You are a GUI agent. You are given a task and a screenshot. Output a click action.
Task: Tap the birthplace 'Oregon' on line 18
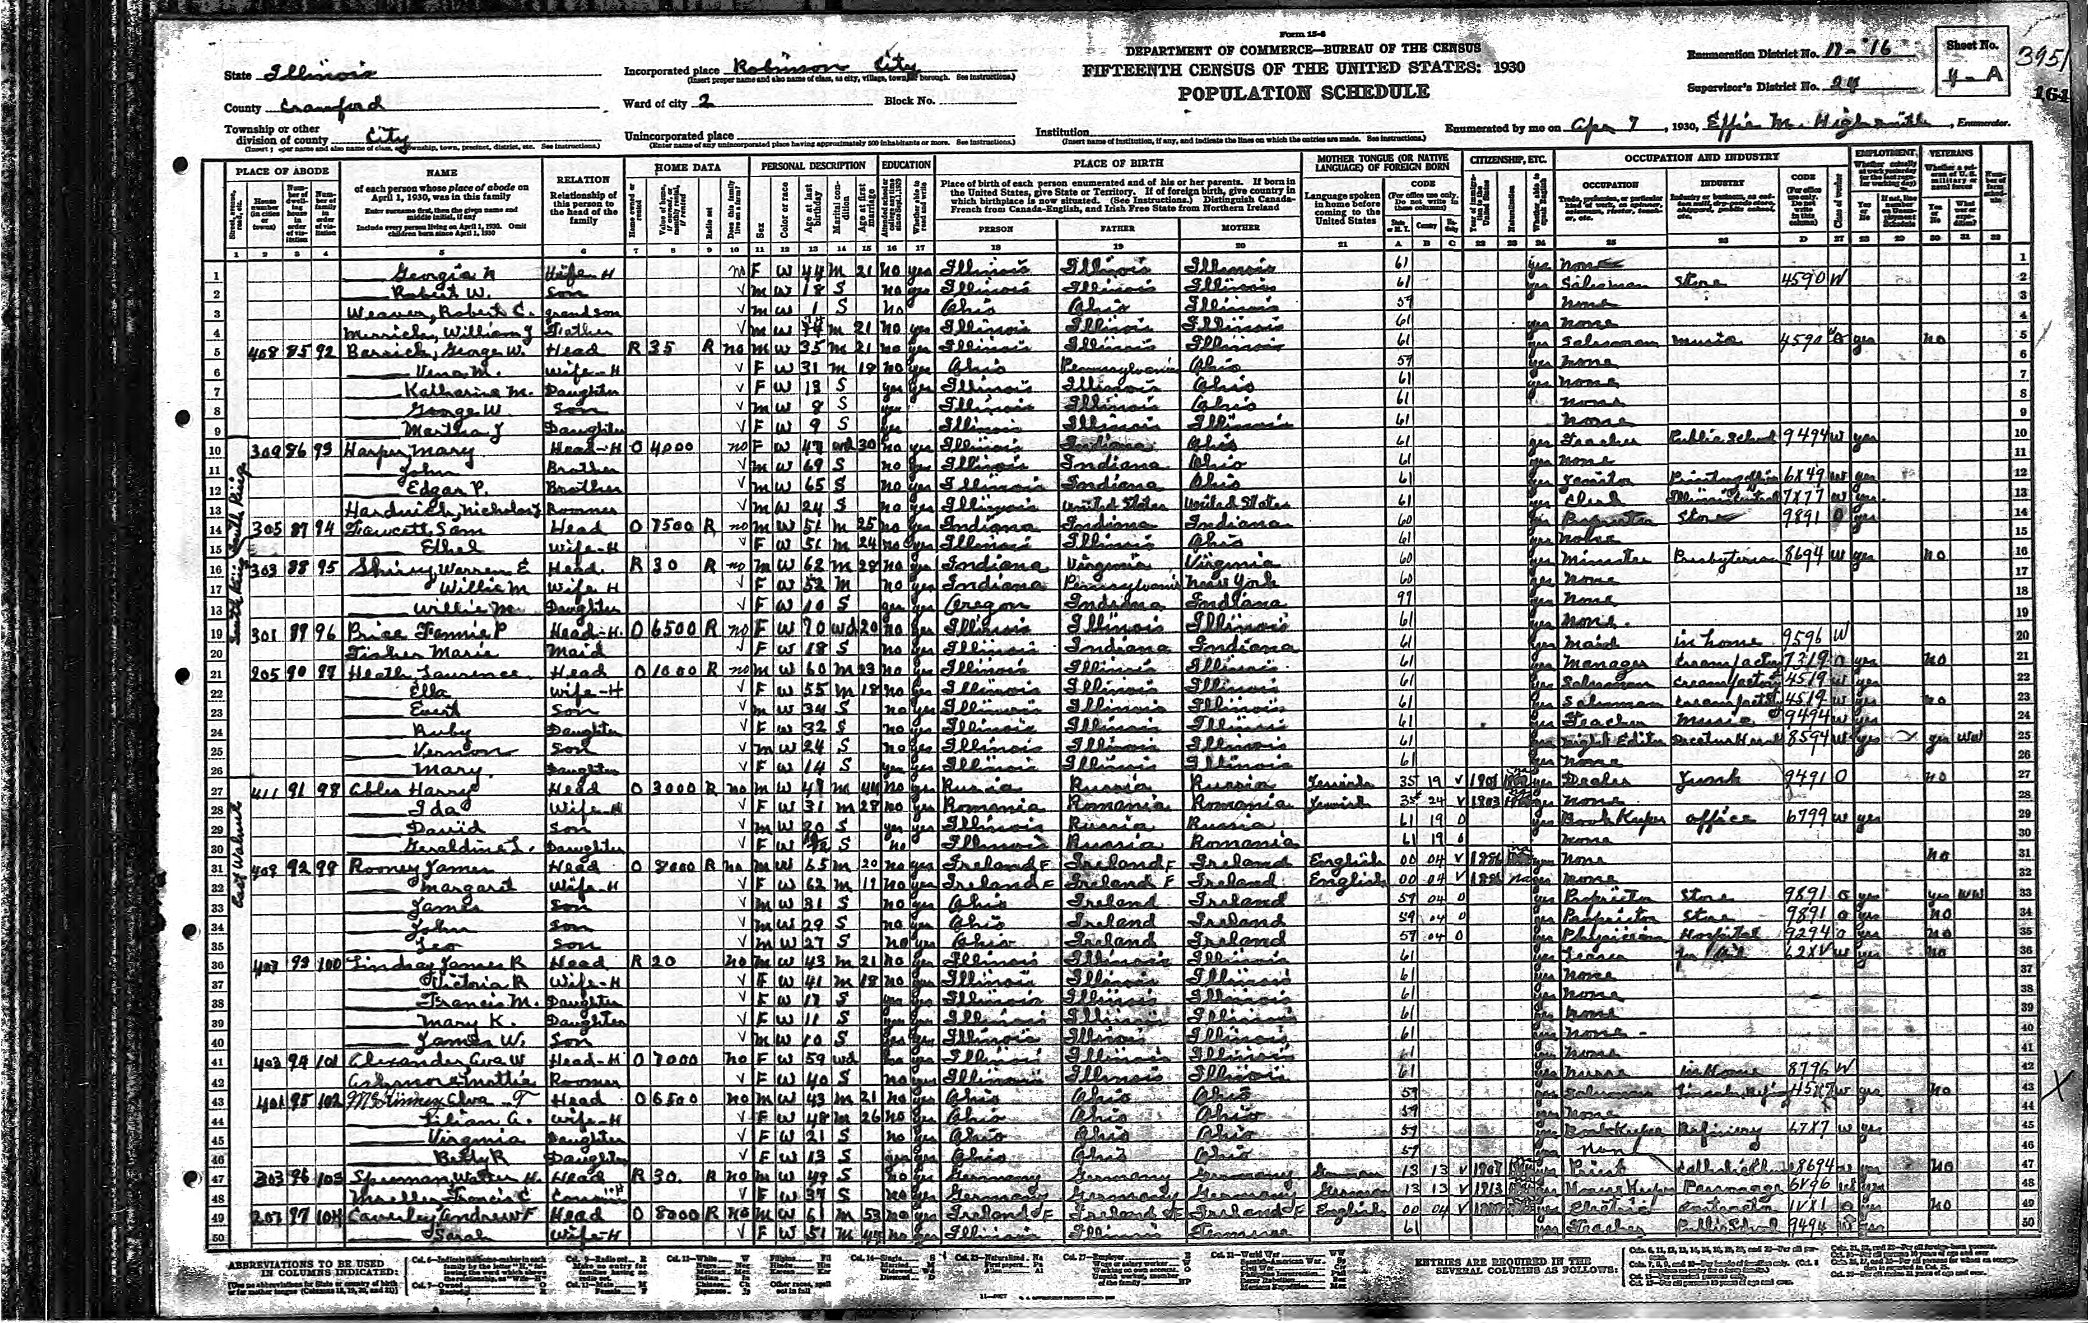point(981,603)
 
